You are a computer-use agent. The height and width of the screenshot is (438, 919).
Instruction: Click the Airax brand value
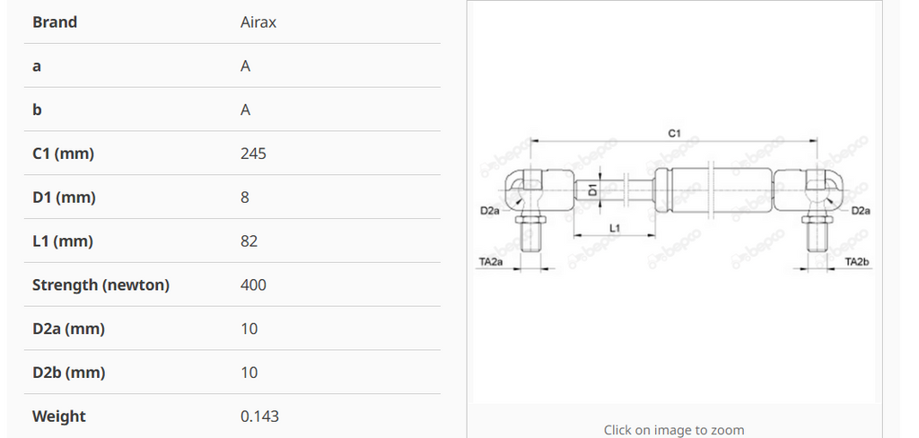click(258, 22)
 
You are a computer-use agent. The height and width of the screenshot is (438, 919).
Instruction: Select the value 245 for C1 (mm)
click(253, 153)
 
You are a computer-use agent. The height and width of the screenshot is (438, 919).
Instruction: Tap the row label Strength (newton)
click(101, 285)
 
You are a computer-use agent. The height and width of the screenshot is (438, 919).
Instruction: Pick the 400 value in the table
click(253, 285)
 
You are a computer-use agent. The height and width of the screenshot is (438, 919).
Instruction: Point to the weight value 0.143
click(259, 416)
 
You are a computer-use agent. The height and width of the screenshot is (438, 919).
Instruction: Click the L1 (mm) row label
click(63, 241)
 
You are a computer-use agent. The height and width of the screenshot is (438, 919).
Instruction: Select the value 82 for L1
click(249, 241)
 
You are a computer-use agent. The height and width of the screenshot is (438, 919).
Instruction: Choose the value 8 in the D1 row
click(245, 197)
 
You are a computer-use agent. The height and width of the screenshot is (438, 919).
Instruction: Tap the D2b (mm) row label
click(68, 372)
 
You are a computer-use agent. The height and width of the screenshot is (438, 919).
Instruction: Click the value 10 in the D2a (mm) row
click(249, 329)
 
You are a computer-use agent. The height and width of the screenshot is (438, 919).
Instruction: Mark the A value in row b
click(245, 110)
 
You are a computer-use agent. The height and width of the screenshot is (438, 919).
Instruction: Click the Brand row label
click(55, 22)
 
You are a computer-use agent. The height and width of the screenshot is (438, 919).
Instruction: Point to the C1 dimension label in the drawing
click(675, 134)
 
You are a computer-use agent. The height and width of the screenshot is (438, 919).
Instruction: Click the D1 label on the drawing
click(593, 190)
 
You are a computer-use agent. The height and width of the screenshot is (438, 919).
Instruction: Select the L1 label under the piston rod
click(615, 229)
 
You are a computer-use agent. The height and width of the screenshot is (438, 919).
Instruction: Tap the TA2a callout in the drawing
click(490, 262)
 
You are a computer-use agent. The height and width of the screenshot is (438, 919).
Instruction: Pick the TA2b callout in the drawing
click(858, 262)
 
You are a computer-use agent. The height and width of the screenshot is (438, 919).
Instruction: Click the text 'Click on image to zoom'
click(674, 430)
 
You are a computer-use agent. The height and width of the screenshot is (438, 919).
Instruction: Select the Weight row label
click(59, 416)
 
